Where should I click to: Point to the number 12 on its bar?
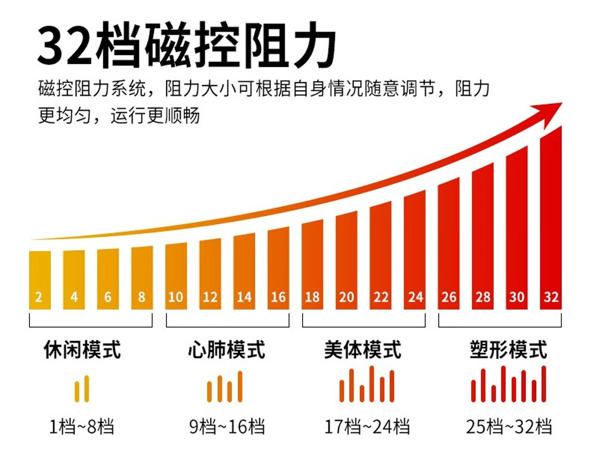[x=210, y=297]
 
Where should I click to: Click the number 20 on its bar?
[x=346, y=297]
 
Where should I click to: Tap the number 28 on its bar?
[x=482, y=297]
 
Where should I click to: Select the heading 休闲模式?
[x=82, y=350]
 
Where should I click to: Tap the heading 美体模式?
[x=363, y=350]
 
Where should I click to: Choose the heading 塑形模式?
[x=508, y=350]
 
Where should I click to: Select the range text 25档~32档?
[x=509, y=427]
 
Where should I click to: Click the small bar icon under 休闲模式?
[x=82, y=389]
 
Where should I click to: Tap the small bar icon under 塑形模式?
[x=508, y=385]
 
